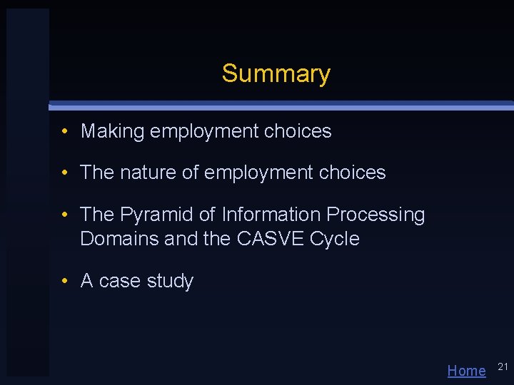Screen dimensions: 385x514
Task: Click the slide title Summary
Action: pos(276,73)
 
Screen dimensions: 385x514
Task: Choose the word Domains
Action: pos(119,238)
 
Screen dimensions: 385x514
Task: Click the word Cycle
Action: pos(335,238)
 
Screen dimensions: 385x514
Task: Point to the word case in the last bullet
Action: pos(120,281)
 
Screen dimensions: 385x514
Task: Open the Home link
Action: pos(466,370)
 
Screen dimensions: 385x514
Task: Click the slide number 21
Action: pos(503,366)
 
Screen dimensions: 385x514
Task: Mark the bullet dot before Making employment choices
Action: pos(64,131)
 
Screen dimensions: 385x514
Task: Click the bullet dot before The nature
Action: pos(64,173)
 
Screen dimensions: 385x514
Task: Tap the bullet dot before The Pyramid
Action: pos(64,215)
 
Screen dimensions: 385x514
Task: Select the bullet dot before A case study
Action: pos(64,281)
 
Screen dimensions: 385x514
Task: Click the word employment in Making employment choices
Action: pos(204,131)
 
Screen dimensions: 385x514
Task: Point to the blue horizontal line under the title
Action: pos(286,106)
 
